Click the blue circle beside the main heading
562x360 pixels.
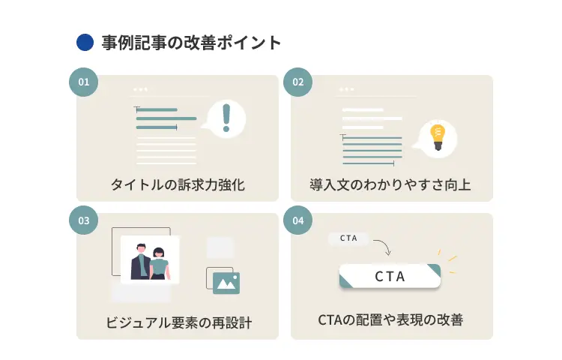pos(85,43)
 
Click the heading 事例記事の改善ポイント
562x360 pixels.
pos(191,43)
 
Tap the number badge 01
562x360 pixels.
pos(84,82)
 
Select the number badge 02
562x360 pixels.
pos(297,82)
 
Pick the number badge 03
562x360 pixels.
pos(84,220)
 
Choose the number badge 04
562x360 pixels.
pos(297,220)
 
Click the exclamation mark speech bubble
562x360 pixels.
pos(227,118)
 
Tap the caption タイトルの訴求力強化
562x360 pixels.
pos(178,184)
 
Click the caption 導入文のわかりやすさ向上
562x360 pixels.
pos(390,184)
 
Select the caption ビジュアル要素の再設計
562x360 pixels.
pos(178,323)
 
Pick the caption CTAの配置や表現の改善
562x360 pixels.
pos(390,320)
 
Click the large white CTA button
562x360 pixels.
pos(390,276)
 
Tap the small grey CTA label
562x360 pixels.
pos(348,238)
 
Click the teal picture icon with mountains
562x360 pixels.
pos(226,282)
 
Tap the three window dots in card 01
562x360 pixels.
pos(140,89)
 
